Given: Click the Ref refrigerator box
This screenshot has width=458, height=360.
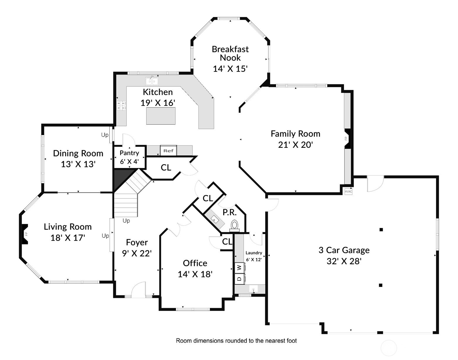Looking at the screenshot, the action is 168,151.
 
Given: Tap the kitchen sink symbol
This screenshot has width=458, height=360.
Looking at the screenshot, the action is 152,81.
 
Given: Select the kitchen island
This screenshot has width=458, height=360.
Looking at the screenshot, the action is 161,116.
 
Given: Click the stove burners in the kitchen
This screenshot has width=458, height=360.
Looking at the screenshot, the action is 121,105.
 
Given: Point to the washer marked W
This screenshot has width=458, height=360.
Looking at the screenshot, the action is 239,268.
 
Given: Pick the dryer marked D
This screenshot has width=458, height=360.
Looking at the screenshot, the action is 239,279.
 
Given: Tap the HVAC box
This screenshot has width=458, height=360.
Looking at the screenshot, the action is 348,191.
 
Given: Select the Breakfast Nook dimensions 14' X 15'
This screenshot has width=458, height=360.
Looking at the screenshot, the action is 230,69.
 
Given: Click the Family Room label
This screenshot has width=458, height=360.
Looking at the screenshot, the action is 295,134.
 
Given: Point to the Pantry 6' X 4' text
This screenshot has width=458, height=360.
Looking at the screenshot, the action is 129,157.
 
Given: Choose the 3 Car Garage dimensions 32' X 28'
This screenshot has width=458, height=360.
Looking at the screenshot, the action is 344,261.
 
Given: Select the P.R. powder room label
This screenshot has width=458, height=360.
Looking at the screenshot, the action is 230,212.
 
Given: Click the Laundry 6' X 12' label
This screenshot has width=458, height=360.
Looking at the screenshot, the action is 254,256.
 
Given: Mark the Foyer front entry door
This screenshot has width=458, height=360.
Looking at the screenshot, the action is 138,289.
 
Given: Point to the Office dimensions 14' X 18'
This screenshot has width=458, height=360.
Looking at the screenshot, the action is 195,274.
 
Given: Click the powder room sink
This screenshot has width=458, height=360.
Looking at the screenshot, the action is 215,219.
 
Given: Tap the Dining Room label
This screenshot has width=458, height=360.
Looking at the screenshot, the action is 78,153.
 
